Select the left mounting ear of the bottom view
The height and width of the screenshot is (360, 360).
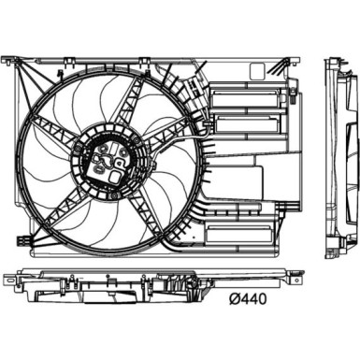10,281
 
